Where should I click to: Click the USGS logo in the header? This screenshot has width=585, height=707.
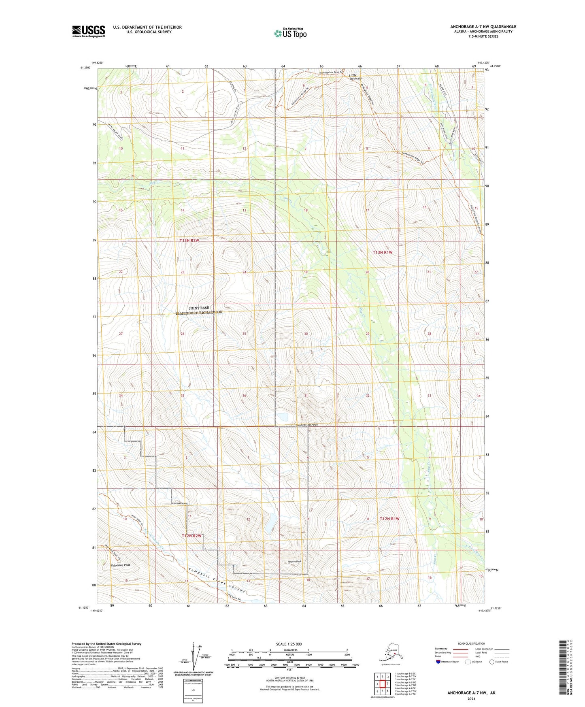click(x=88, y=31)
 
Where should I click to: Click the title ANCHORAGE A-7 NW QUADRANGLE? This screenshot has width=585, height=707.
click(x=483, y=27)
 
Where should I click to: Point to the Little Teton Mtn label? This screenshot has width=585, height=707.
click(x=356, y=77)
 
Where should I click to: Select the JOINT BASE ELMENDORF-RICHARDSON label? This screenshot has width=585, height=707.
click(x=198, y=310)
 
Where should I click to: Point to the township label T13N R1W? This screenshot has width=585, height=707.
click(x=382, y=252)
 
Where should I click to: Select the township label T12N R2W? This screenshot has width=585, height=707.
click(x=191, y=536)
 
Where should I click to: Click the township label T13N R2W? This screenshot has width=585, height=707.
click(x=189, y=241)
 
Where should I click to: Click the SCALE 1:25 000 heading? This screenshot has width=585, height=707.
click(x=289, y=644)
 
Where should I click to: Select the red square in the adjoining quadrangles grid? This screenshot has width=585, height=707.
click(x=382, y=684)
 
